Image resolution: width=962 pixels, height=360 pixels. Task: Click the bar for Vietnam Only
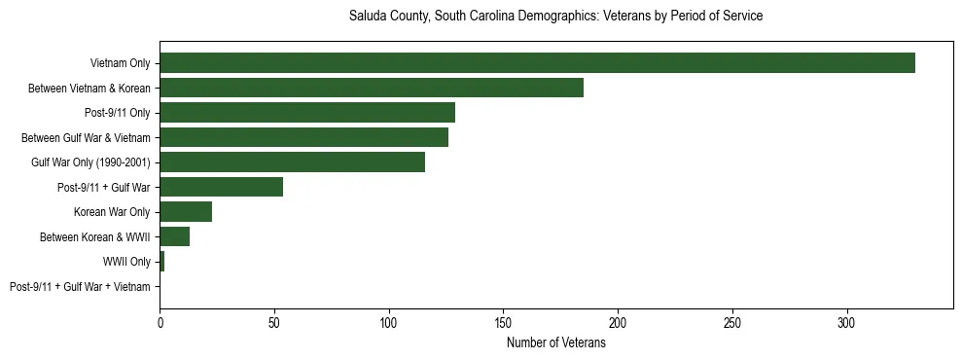tap(537, 63)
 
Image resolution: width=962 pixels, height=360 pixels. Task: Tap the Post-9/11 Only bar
tap(307, 113)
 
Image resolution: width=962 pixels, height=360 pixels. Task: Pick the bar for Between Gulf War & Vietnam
tap(303, 137)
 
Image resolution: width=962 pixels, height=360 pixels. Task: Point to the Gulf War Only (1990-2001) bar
tap(292, 162)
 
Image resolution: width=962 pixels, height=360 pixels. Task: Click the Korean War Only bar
tap(186, 212)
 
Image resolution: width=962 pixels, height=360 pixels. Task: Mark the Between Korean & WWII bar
tap(174, 236)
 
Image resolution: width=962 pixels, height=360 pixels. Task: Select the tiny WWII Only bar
tap(161, 262)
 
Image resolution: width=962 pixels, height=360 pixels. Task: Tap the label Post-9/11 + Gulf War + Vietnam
tap(80, 287)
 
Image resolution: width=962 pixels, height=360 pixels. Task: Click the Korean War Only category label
tap(112, 212)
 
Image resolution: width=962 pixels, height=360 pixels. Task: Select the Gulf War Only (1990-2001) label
tap(90, 162)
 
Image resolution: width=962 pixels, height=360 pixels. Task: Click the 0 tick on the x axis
tap(160, 322)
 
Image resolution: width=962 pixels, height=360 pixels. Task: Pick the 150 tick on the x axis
tap(504, 322)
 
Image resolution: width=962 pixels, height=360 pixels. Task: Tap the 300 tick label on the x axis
tap(847, 322)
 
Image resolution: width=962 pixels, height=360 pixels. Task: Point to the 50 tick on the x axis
tap(274, 322)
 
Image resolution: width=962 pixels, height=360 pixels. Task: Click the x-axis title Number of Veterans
tap(555, 342)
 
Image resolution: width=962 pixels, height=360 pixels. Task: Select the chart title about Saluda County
tap(555, 17)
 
